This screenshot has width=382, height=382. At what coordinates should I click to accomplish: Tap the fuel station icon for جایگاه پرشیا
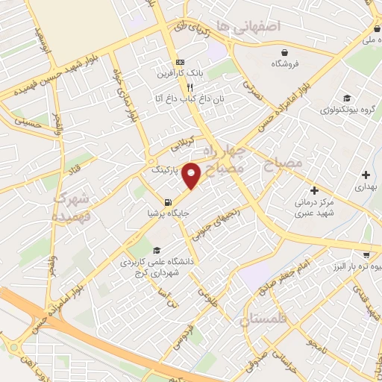[166, 202]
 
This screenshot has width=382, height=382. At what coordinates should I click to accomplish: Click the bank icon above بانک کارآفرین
[178, 62]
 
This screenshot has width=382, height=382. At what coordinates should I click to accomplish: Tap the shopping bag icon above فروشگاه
[286, 52]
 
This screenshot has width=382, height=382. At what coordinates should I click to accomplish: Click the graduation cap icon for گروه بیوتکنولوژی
[347, 98]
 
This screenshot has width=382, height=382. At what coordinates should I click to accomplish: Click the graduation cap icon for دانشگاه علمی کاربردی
[156, 250]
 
